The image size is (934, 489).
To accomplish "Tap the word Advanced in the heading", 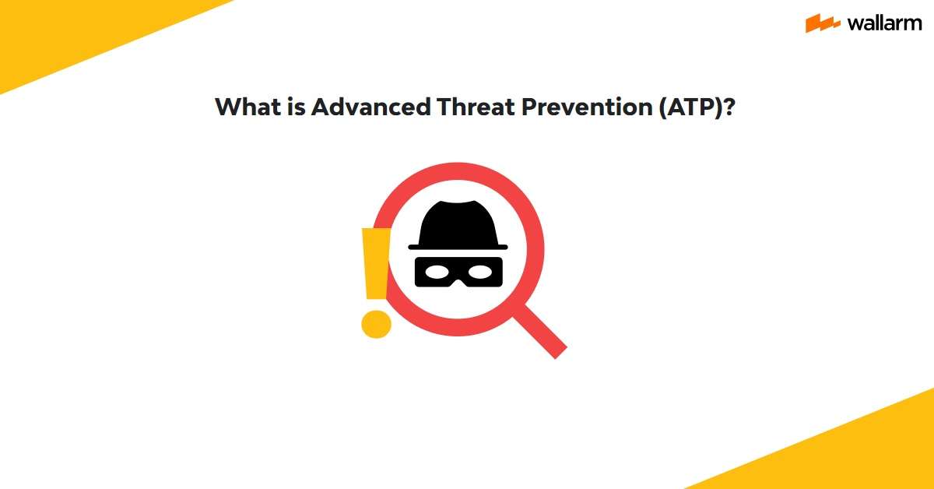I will tap(370, 107).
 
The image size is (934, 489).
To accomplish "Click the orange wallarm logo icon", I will tap(822, 23).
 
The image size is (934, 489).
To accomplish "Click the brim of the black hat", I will tap(458, 247).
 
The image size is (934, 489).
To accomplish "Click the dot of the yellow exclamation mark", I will tap(376, 322).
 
